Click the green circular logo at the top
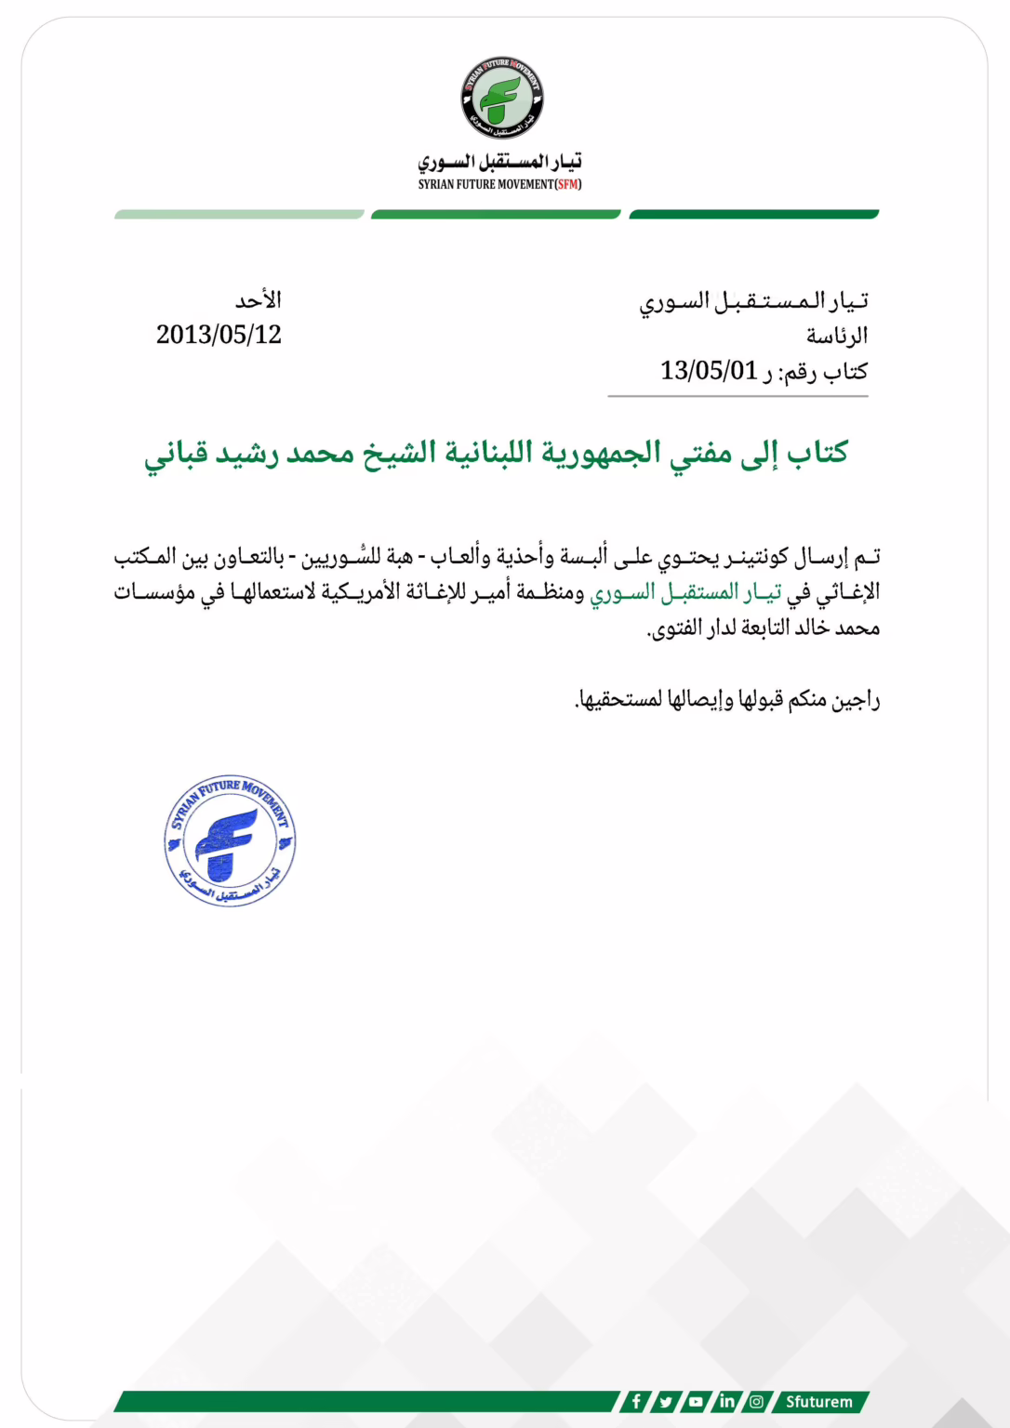(502, 98)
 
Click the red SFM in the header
(568, 184)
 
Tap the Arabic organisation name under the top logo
(499, 162)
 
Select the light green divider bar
(239, 215)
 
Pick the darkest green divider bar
(753, 215)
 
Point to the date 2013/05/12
(219, 335)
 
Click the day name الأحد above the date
(258, 300)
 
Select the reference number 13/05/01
(709, 371)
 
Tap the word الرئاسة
(836, 336)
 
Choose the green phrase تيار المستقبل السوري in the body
(685, 592)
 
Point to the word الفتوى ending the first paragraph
(672, 629)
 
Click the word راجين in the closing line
(857, 699)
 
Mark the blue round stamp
(230, 840)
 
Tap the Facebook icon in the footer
(636, 1401)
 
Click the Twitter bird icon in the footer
(666, 1401)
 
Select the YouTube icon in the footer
(696, 1401)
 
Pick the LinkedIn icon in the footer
(726, 1401)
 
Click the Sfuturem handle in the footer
(818, 1401)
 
